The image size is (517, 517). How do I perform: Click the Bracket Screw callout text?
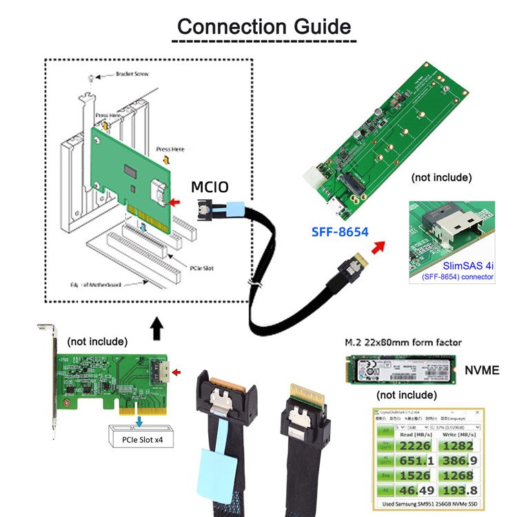[131, 73]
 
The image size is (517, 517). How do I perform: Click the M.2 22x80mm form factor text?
[403, 342]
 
